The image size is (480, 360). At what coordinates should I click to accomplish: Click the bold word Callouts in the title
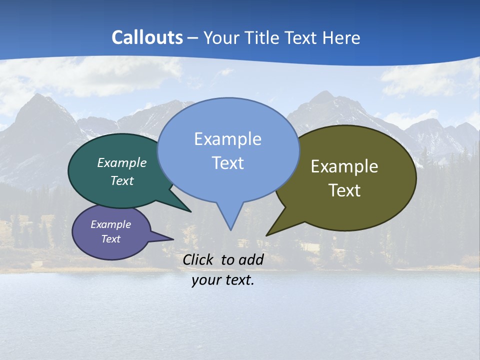[147, 37]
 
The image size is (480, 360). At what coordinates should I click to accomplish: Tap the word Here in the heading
[341, 37]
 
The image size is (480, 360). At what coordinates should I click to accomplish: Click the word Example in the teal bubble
[122, 162]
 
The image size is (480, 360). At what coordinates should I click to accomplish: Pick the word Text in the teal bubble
[122, 180]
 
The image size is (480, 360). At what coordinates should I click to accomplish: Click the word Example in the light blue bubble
[227, 139]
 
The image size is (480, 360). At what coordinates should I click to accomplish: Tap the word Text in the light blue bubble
[227, 163]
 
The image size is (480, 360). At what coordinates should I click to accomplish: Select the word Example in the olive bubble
[344, 166]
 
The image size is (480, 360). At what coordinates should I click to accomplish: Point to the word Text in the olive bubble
[344, 190]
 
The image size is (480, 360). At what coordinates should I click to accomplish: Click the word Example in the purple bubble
[111, 224]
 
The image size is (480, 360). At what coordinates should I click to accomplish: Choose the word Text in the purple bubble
[111, 239]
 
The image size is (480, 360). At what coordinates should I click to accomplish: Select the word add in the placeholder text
[251, 259]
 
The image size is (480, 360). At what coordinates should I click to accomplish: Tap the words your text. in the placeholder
[222, 280]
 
